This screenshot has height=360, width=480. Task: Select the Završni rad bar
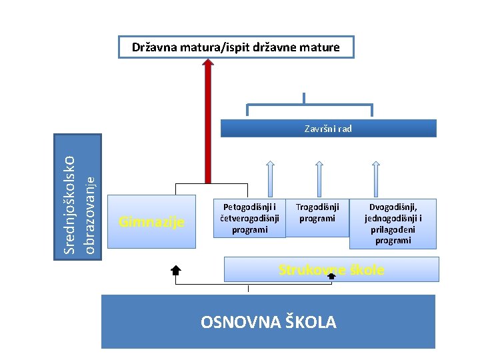click(328, 129)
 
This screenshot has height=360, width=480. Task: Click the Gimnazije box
click(151, 222)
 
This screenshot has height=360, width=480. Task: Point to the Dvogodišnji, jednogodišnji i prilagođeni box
click(393, 224)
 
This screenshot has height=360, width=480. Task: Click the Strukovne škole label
click(331, 270)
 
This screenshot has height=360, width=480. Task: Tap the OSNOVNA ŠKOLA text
click(268, 323)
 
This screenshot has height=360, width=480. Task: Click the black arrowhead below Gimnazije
click(176, 270)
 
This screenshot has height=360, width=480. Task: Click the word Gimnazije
click(151, 222)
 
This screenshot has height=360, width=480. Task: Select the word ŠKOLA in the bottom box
click(310, 323)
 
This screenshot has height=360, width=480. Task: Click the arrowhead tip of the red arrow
click(208, 62)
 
